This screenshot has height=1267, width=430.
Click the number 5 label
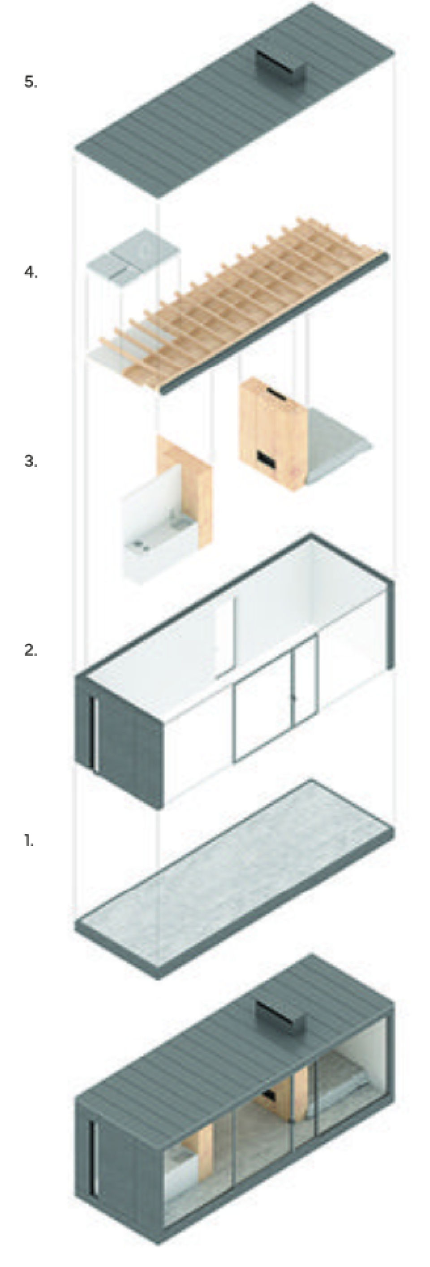30,82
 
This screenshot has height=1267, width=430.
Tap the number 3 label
30,461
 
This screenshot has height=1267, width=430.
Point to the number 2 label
30,650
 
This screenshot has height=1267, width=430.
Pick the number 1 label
29,841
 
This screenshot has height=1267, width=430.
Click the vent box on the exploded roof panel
278,66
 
